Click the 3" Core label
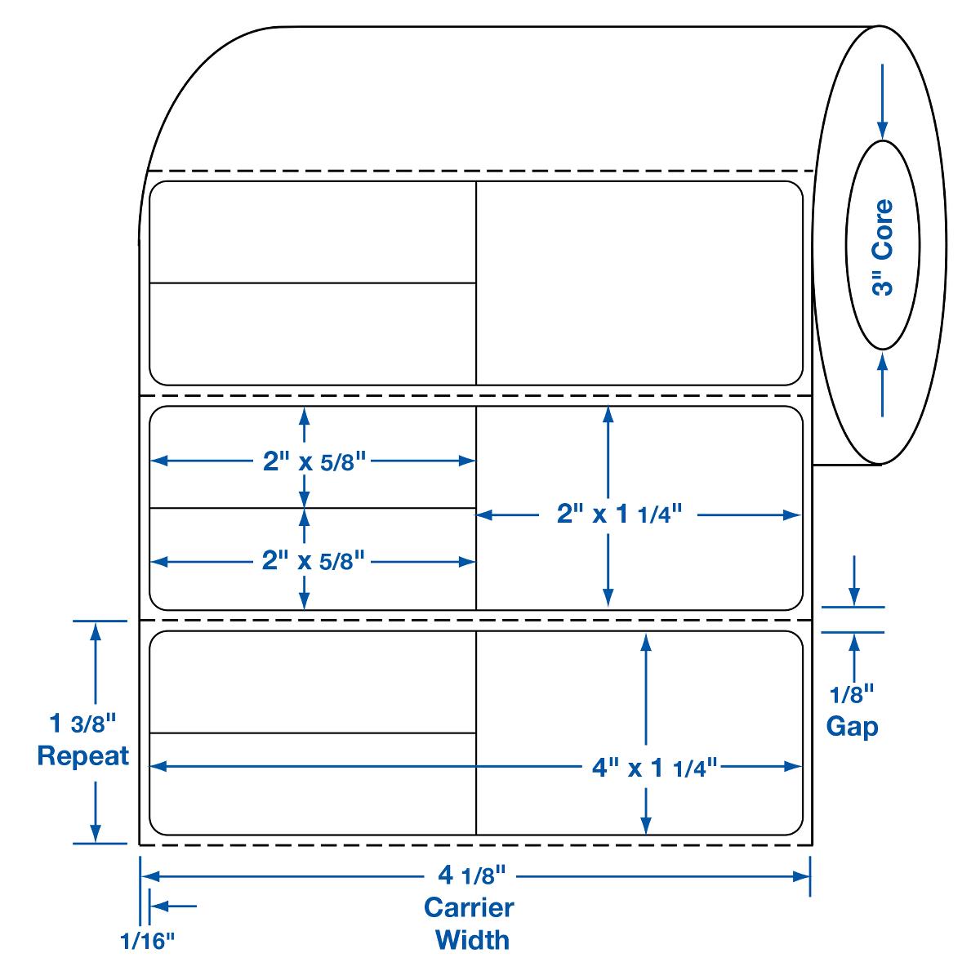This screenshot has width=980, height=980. pyautogui.click(x=882, y=247)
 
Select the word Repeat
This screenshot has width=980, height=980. pyautogui.click(x=83, y=755)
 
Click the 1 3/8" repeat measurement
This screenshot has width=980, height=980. pyautogui.click(x=83, y=724)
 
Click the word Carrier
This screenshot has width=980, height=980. pyautogui.click(x=469, y=907)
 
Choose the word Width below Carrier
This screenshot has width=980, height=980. pyautogui.click(x=472, y=939)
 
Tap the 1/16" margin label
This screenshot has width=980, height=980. pyautogui.click(x=148, y=942)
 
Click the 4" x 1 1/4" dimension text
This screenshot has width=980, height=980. pyautogui.click(x=653, y=767)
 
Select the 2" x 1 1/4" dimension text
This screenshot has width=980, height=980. pyautogui.click(x=618, y=514)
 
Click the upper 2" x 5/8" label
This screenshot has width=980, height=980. pyautogui.click(x=313, y=461)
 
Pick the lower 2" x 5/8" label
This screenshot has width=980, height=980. pyautogui.click(x=313, y=562)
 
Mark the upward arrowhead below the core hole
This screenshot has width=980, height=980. pyautogui.click(x=882, y=360)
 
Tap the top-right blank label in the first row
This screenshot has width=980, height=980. pyautogui.click(x=639, y=283)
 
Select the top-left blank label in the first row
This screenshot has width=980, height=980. pyautogui.click(x=313, y=232)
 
